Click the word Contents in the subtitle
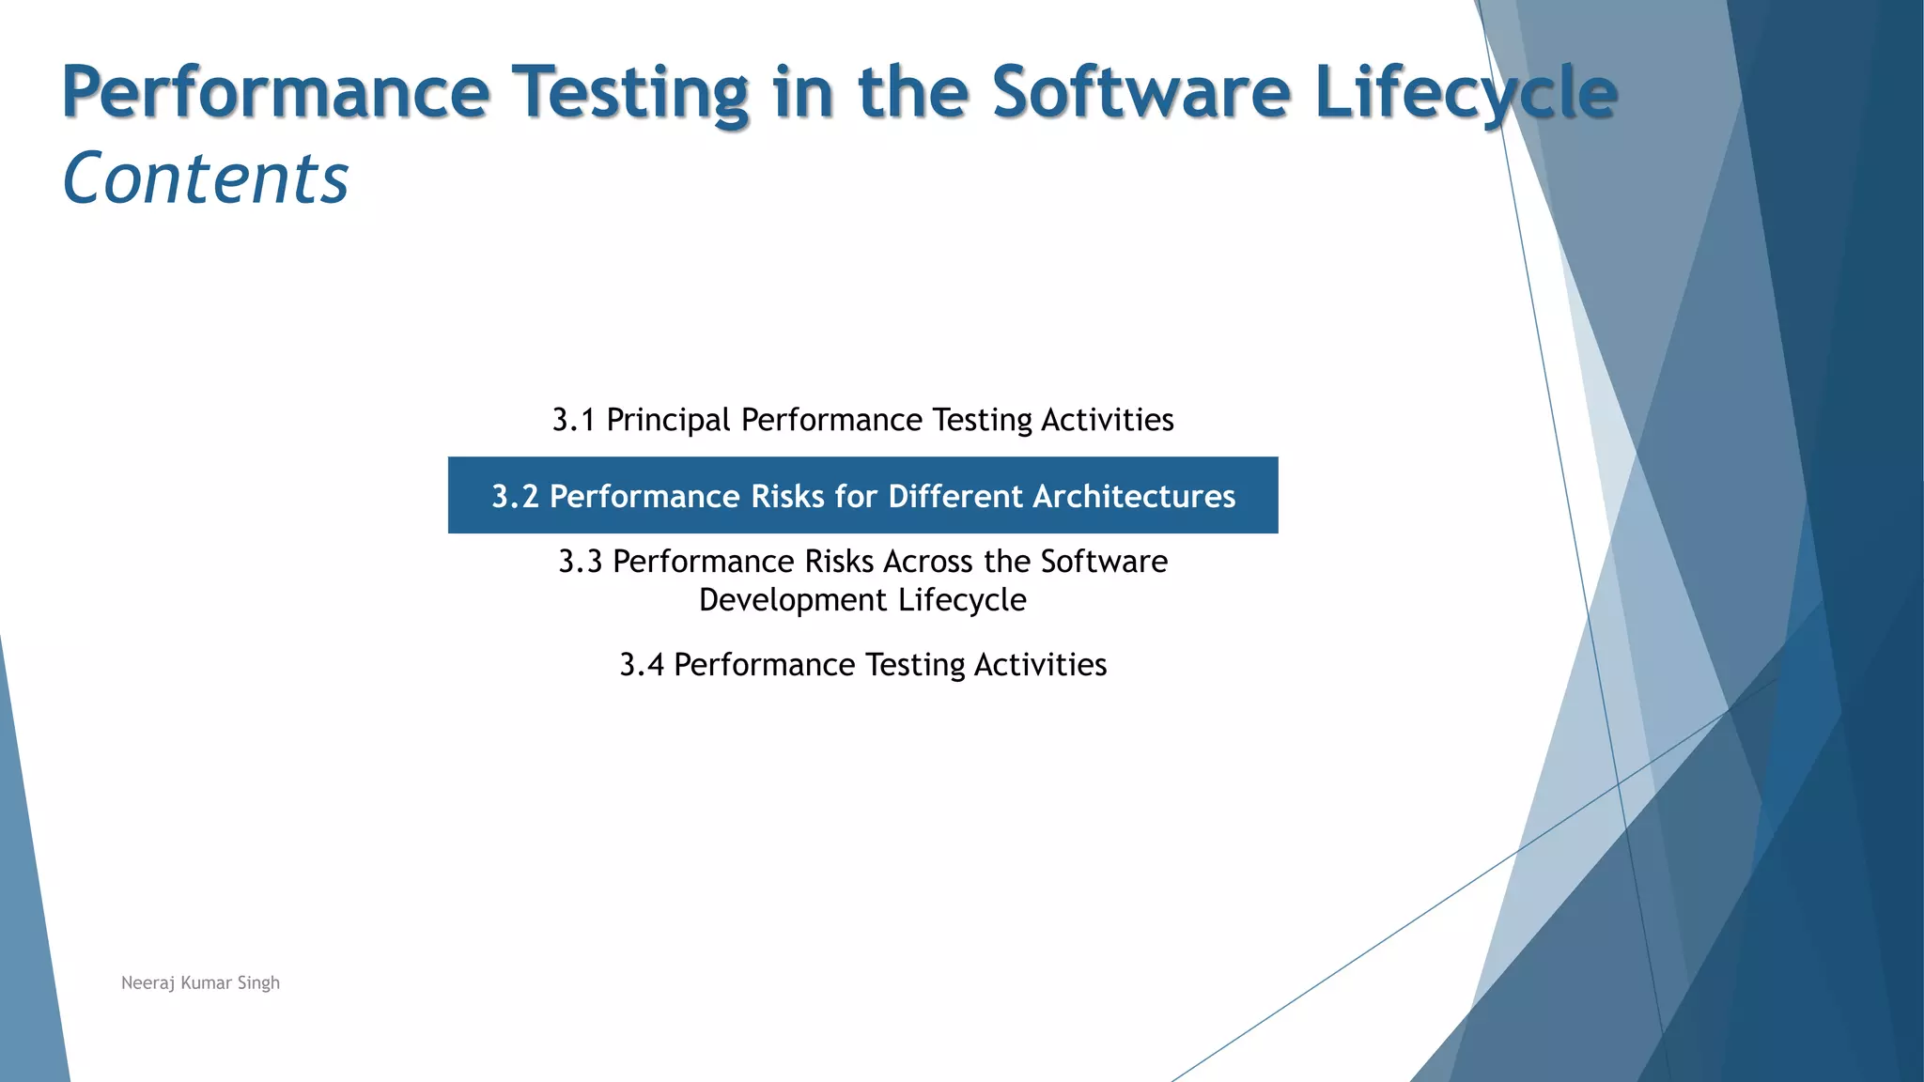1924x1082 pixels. coord(205,178)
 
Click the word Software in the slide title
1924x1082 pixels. coord(1141,92)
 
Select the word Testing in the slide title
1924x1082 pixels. coord(635,92)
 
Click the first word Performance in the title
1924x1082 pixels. coord(275,92)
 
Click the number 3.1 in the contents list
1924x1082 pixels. coord(573,420)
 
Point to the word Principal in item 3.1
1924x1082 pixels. coord(668,420)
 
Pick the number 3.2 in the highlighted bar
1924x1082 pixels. coord(515,496)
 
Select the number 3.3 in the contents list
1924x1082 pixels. coord(580,562)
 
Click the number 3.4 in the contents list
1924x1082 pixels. coord(641,665)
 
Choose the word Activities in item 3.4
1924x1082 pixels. coord(1040,665)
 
